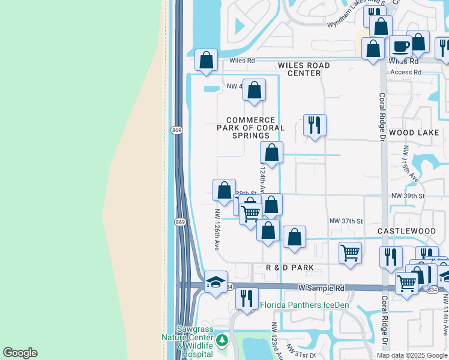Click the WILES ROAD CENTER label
coord(303,69)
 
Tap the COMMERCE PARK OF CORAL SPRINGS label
coord(251,128)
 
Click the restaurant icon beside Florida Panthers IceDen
coord(246,298)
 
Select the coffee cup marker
coord(400,46)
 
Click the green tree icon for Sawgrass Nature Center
coord(223,341)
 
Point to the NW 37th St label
coord(346,221)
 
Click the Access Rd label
coord(406,72)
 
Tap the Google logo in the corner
coord(20,353)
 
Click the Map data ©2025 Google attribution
coord(412,355)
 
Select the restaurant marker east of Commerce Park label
coord(315,125)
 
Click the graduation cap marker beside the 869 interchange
coord(215,282)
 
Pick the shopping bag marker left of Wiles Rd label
coord(206,60)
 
